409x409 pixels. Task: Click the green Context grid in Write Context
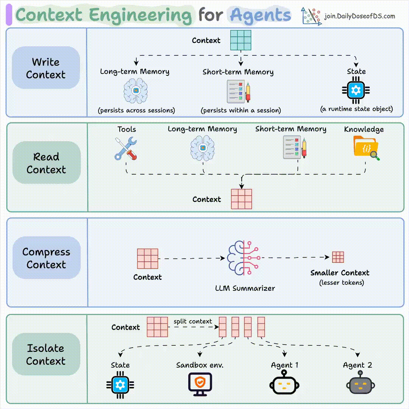241,40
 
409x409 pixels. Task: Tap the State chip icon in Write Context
356,90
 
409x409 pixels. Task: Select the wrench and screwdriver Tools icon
126,148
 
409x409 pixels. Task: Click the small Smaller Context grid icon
338,258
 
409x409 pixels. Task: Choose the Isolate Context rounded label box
46,354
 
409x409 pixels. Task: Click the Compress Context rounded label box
46,258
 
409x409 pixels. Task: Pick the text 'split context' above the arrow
193,322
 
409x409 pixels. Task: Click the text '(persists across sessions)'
136,111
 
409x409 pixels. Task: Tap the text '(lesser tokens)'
341,283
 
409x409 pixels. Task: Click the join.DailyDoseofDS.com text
359,16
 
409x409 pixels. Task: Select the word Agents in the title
261,15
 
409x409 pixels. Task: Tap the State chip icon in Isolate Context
120,385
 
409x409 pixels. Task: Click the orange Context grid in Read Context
242,199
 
